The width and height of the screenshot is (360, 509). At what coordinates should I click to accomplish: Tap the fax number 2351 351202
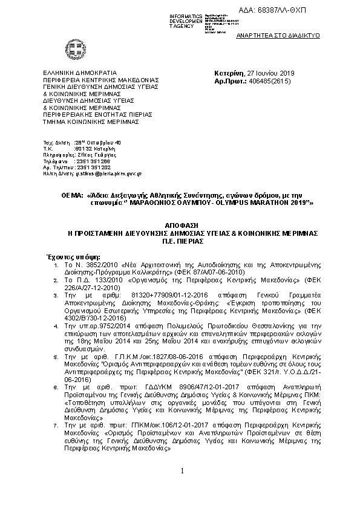tap(91, 167)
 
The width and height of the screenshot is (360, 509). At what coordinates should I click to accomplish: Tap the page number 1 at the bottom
tap(180, 487)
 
